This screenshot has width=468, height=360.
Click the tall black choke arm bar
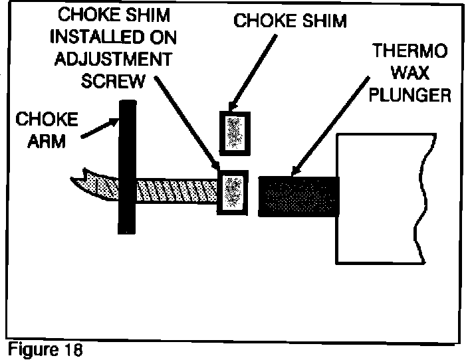pyautogui.click(x=127, y=166)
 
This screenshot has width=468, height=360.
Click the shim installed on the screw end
pyautogui.click(x=232, y=193)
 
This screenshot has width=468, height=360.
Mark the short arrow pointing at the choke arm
pyautogui.click(x=100, y=126)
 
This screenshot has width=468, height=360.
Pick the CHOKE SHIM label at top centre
pyautogui.click(x=291, y=21)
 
